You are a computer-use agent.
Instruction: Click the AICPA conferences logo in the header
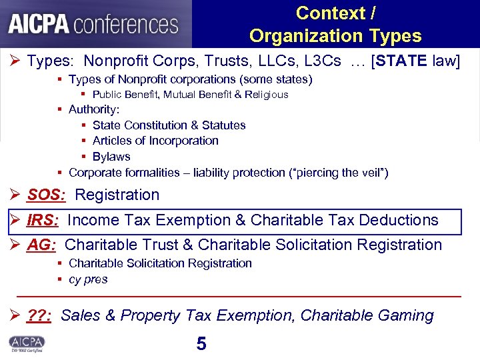click(93, 24)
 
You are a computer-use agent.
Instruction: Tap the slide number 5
click(201, 344)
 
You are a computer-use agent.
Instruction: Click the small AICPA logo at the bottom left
click(27, 343)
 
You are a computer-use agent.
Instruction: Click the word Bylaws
click(111, 157)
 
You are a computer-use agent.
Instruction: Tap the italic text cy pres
click(88, 279)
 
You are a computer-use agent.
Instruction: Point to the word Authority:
click(94, 109)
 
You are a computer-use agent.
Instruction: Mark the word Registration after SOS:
click(117, 195)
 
